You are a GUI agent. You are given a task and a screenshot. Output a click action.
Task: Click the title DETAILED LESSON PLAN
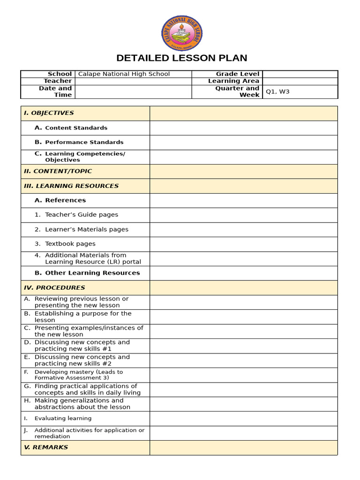tap(181, 58)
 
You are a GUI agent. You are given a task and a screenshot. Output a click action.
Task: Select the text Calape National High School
tap(124, 74)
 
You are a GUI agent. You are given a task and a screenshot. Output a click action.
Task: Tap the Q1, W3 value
tap(277, 92)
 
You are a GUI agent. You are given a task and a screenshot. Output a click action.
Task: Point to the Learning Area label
tap(233, 81)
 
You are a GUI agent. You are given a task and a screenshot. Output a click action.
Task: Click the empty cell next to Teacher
tap(133, 81)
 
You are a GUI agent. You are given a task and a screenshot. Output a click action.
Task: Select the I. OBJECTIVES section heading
tap(49, 113)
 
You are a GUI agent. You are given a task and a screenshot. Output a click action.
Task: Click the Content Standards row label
tap(76, 128)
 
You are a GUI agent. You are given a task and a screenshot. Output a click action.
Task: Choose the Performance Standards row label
tap(84, 142)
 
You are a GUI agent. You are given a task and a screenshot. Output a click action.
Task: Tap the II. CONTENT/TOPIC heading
tap(58, 172)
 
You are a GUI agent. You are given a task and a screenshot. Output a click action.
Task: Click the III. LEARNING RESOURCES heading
tap(71, 186)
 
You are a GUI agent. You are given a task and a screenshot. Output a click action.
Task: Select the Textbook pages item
tap(70, 244)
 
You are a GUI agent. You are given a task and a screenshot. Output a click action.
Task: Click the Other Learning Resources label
tap(92, 273)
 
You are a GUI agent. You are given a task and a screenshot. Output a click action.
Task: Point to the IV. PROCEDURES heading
tap(54, 288)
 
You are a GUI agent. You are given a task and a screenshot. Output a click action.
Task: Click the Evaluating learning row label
tap(63, 419)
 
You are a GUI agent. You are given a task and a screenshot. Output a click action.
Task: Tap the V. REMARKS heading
tap(46, 448)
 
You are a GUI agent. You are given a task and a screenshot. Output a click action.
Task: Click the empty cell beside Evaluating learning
tap(243, 419)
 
